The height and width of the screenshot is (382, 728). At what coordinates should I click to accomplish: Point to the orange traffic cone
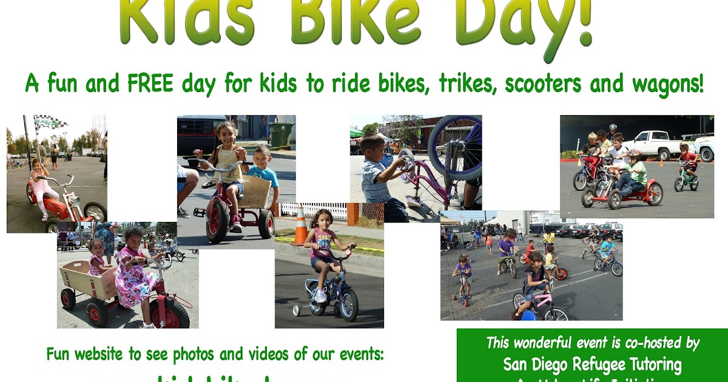click(300, 225)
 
